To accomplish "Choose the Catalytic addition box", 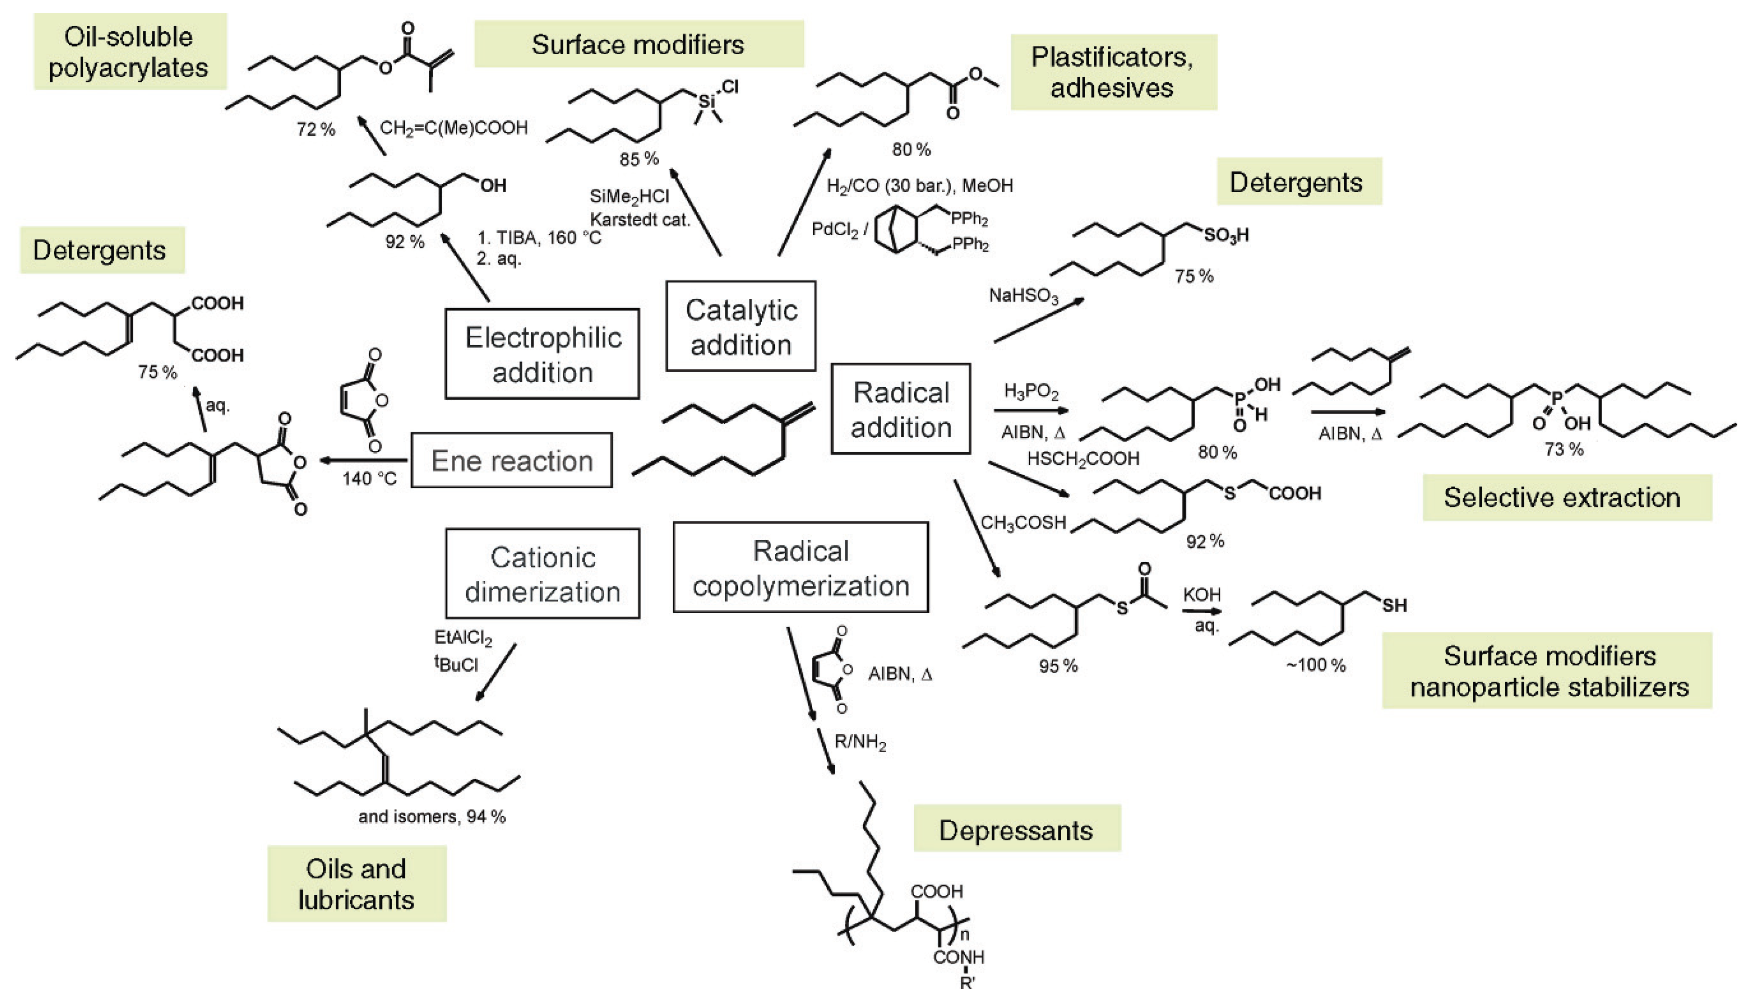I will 741,326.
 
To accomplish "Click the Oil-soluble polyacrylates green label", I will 130,51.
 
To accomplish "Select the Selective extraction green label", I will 1561,497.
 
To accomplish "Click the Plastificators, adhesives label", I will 1112,72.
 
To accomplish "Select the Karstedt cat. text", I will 640,220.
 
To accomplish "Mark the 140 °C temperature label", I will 370,478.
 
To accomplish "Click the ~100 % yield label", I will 1316,665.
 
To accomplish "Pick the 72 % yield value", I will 315,129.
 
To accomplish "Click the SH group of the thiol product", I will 1394,605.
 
